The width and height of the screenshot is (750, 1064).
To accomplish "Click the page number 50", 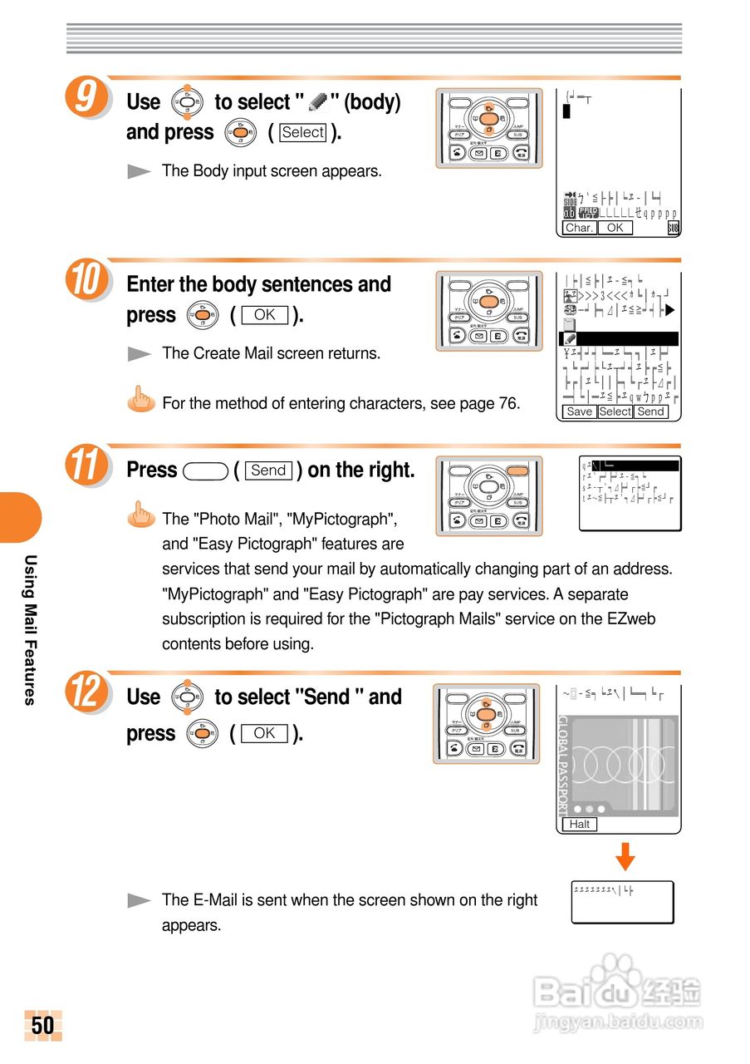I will pyautogui.click(x=42, y=1025).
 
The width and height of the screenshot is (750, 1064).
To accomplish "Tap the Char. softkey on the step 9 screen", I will pyautogui.click(x=578, y=228).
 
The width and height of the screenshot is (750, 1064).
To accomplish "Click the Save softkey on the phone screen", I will pyautogui.click(x=579, y=411).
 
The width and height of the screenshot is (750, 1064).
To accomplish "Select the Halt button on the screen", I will pyautogui.click(x=580, y=824).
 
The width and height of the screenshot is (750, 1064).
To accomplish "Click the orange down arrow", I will pyautogui.click(x=625, y=855).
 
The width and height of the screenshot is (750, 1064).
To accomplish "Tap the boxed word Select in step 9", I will pyautogui.click(x=303, y=132).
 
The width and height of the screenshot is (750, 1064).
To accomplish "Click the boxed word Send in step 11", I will pyautogui.click(x=268, y=470).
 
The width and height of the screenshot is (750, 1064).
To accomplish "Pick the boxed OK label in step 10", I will pyautogui.click(x=264, y=315).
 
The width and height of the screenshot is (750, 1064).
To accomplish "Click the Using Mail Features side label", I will pyautogui.click(x=30, y=629).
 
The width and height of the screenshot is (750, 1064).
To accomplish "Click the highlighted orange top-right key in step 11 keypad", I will pyautogui.click(x=517, y=470).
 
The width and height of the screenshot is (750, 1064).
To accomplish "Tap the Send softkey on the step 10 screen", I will pyautogui.click(x=650, y=411).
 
